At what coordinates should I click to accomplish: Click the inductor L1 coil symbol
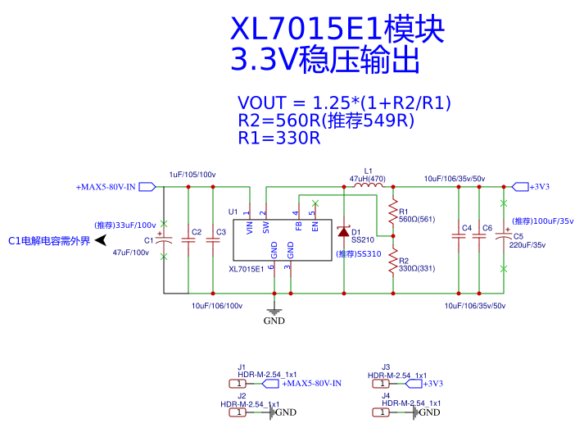click(368, 187)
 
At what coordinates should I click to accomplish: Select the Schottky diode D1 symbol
click(344, 232)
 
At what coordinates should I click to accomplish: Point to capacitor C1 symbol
click(164, 242)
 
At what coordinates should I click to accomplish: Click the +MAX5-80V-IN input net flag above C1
click(147, 187)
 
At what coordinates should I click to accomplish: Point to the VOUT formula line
click(344, 103)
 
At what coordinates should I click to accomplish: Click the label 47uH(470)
click(367, 179)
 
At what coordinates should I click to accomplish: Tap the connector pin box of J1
click(238, 383)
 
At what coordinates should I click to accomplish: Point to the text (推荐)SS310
click(358, 253)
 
